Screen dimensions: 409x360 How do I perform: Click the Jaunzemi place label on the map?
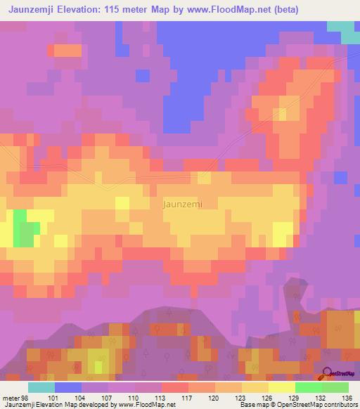point(182,204)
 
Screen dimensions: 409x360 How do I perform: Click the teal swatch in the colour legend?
point(41,387)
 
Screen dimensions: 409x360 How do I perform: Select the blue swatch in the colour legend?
point(68,387)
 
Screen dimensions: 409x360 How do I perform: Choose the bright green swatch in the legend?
point(309,387)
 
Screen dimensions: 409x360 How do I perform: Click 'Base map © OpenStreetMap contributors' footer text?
point(298,405)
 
